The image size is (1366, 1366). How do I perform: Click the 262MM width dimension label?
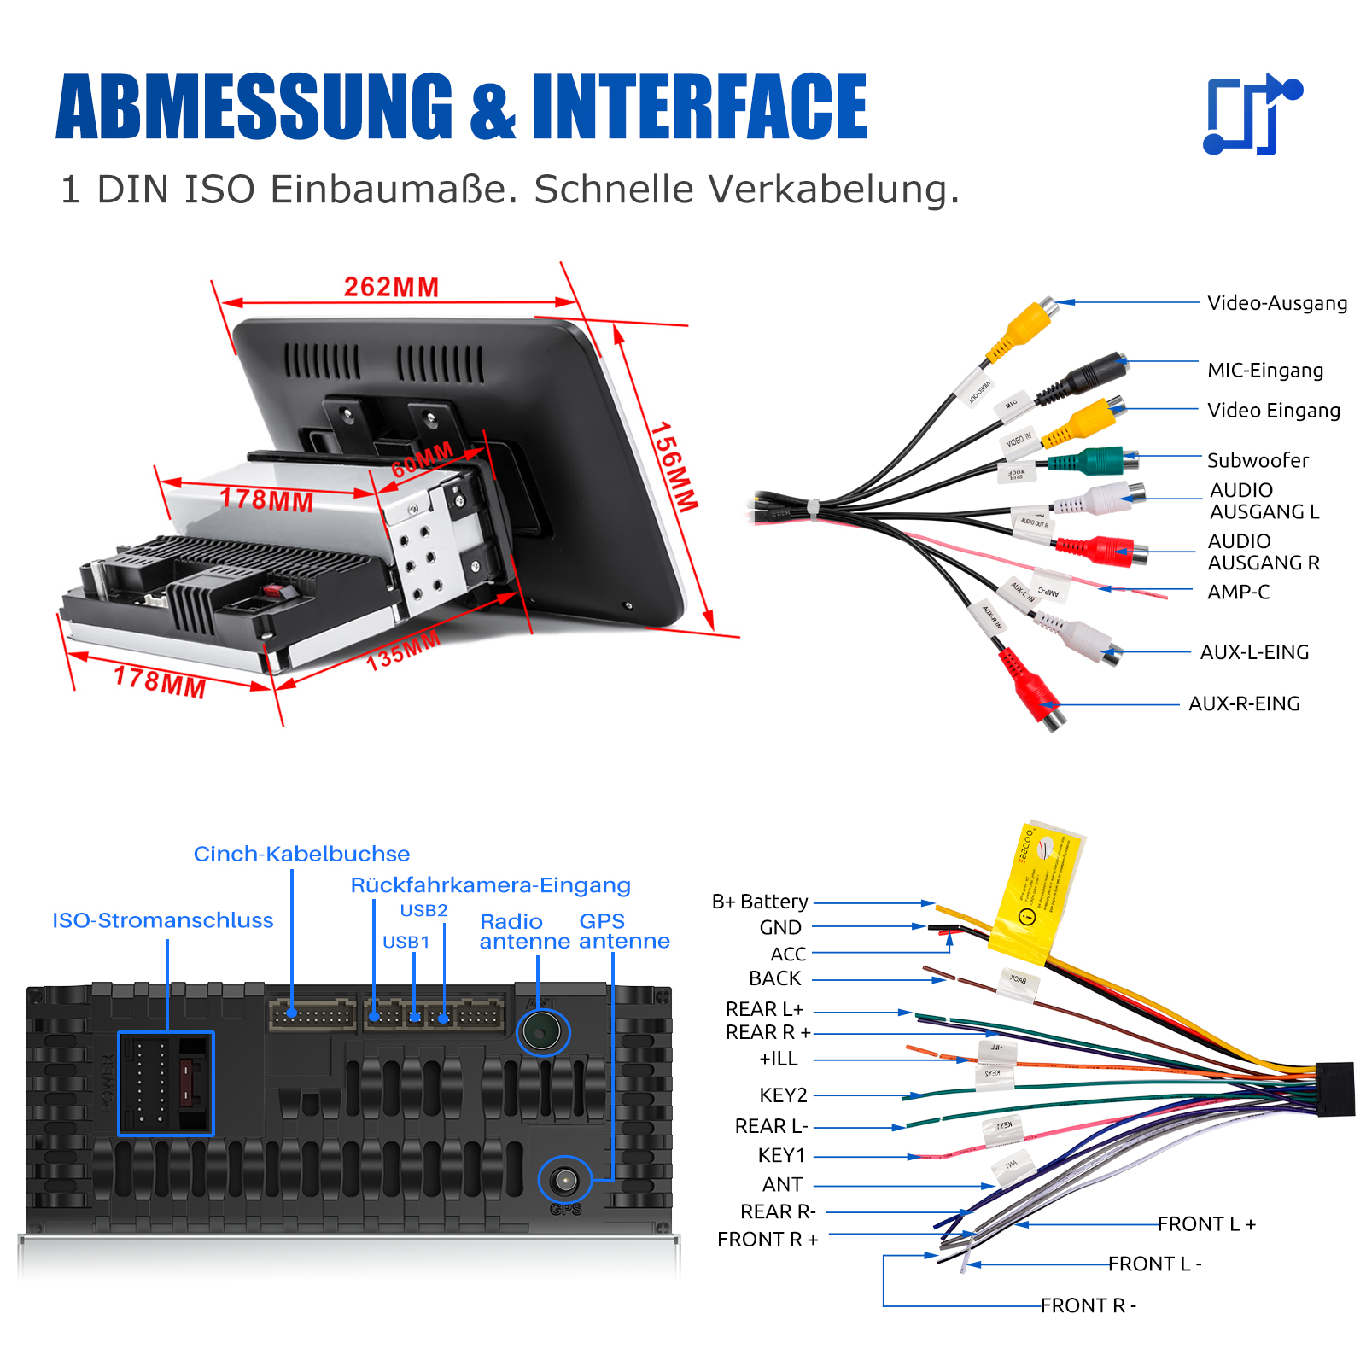click(391, 287)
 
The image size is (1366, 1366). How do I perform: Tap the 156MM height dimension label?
click(674, 467)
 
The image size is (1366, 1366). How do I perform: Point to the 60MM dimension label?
click(423, 460)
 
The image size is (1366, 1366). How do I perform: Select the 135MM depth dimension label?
click(403, 651)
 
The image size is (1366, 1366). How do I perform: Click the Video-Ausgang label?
click(1276, 303)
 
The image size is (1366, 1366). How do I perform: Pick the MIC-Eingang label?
click(1264, 371)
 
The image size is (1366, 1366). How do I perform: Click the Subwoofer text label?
click(1257, 461)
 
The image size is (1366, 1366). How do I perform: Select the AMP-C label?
click(1238, 592)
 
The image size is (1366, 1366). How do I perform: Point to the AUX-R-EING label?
click(1244, 703)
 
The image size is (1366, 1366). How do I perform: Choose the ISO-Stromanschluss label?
click(163, 920)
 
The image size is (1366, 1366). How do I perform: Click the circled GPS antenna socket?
click(564, 1181)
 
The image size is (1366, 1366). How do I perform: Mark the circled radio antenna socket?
click(542, 1032)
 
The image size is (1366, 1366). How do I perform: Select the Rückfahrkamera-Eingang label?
click(490, 885)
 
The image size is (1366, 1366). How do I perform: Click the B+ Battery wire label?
click(760, 902)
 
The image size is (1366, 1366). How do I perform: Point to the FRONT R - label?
click(1088, 1305)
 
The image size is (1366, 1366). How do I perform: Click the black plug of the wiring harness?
click(1335, 1089)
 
